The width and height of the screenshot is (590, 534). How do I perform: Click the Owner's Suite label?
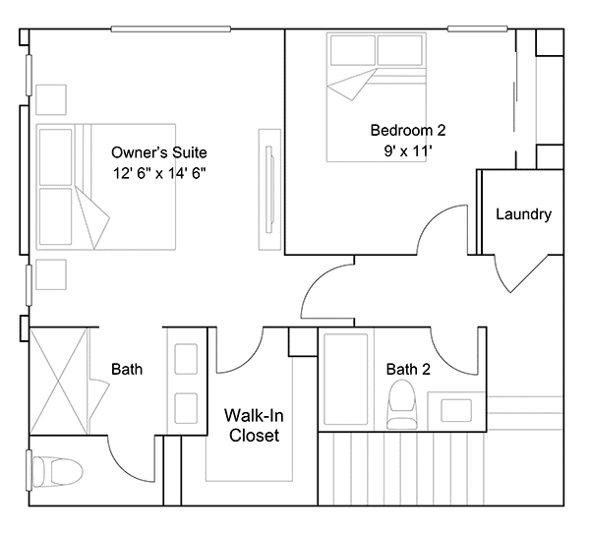click(159, 152)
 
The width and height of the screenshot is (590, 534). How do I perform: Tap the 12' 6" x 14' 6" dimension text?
click(159, 173)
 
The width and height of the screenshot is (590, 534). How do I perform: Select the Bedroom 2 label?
click(408, 130)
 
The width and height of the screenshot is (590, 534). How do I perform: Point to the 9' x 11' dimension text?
click(408, 151)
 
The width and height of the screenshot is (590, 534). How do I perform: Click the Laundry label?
click(523, 214)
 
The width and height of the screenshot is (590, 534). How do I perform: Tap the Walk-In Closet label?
click(254, 426)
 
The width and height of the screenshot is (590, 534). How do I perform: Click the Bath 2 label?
click(408, 369)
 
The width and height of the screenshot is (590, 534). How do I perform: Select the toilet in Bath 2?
click(402, 404)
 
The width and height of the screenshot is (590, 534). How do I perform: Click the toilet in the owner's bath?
click(58, 471)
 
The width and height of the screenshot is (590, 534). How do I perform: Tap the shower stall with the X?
click(59, 382)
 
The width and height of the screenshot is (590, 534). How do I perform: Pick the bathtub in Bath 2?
click(346, 379)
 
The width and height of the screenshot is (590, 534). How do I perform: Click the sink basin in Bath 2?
click(456, 410)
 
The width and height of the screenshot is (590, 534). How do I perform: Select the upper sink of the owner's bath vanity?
click(186, 359)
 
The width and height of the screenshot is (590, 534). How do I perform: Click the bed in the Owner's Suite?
click(106, 187)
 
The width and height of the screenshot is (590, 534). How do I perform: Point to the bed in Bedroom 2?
click(377, 97)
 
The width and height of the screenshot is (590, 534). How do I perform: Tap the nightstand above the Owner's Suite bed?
click(51, 99)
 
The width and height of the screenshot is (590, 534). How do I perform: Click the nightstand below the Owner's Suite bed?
click(51, 274)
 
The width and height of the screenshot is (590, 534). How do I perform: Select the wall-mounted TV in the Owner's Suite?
click(269, 189)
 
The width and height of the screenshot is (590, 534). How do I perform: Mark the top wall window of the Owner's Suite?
click(170, 29)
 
